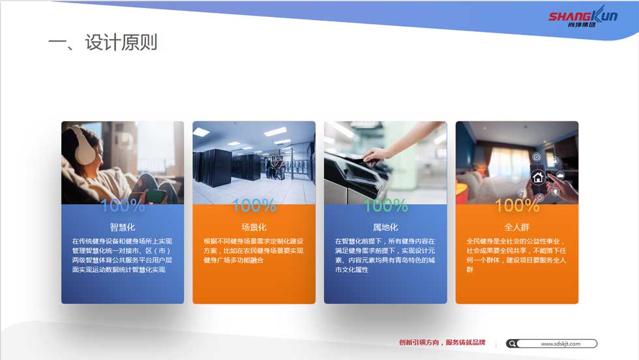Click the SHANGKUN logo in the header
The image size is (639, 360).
[583, 17]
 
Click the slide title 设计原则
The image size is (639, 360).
[121, 42]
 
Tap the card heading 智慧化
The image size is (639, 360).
[123, 227]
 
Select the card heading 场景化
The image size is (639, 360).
[254, 227]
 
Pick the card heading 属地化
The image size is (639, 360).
[385, 227]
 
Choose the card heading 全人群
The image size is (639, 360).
[516, 227]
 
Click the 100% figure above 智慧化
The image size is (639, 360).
[123, 205]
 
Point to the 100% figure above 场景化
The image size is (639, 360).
[254, 205]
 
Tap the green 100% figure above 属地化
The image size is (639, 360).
[385, 205]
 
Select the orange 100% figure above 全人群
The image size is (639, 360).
[517, 205]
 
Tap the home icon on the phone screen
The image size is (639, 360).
[538, 177]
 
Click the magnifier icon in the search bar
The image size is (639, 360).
[513, 344]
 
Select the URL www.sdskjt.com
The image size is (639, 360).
[560, 344]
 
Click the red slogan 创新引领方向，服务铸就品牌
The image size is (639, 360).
[442, 342]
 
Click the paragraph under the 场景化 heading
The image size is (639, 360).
[254, 250]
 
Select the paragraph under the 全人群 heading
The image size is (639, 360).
[516, 255]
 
